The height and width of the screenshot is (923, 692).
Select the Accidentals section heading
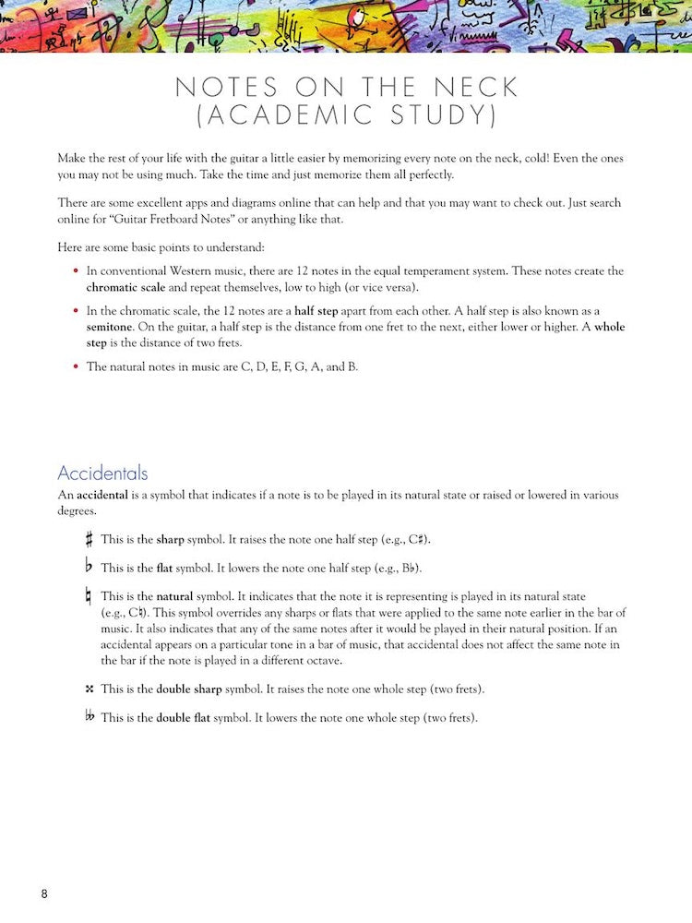tap(102, 473)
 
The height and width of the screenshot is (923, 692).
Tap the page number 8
tap(44, 893)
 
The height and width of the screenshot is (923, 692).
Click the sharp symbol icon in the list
tap(89, 539)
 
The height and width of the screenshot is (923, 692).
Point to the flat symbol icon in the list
tap(89, 567)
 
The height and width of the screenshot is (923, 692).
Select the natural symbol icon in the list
tap(89, 598)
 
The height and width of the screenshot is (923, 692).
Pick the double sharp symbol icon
tap(89, 689)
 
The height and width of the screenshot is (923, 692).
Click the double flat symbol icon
tap(90, 716)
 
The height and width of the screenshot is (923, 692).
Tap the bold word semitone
tap(111, 327)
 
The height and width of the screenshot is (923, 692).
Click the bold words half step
tap(316, 311)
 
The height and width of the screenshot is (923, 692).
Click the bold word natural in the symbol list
tap(174, 597)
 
